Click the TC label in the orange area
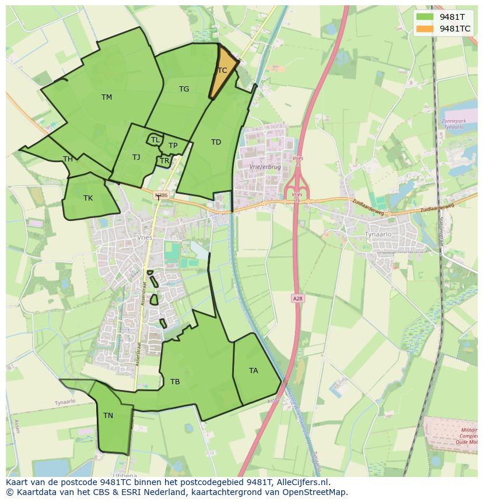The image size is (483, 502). pos(222,71)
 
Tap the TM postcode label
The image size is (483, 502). pos(106,97)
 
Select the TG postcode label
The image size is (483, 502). pos(184,89)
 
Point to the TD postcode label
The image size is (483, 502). pos(216,142)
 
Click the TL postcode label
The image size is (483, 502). pos(155,140)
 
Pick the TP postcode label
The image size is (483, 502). pos(173,146)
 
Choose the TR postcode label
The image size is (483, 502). pos(164,161)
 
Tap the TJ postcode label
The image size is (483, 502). pos(136,157)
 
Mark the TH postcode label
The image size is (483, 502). pos(68,159)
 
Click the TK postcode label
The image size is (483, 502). pos(87,198)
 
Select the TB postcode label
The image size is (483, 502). pos(175,382)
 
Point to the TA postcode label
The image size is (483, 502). pos(253,371)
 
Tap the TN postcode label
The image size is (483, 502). pos(108,416)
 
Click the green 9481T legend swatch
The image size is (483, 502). pos(425,16)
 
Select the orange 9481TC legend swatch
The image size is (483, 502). pos(425,28)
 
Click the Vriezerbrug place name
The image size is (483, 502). pos(265,167)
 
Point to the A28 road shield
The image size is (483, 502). pos(297,299)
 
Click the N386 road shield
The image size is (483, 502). pos(162,195)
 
